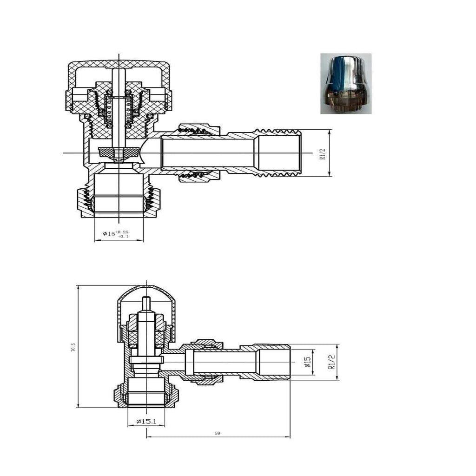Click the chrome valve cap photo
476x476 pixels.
tap(346, 84)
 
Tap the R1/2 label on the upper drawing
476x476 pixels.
tap(322, 153)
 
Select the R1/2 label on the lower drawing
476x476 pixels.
tap(331, 362)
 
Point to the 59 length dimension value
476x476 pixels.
tap(218, 433)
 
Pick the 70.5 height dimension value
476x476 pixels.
tap(73, 347)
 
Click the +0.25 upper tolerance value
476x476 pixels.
tap(123, 231)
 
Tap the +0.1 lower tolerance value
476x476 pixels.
tap(123, 237)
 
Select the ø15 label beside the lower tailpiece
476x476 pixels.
tap(307, 362)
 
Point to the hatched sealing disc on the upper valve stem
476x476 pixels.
tap(119, 152)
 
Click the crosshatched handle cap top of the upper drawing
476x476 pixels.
tap(119, 65)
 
